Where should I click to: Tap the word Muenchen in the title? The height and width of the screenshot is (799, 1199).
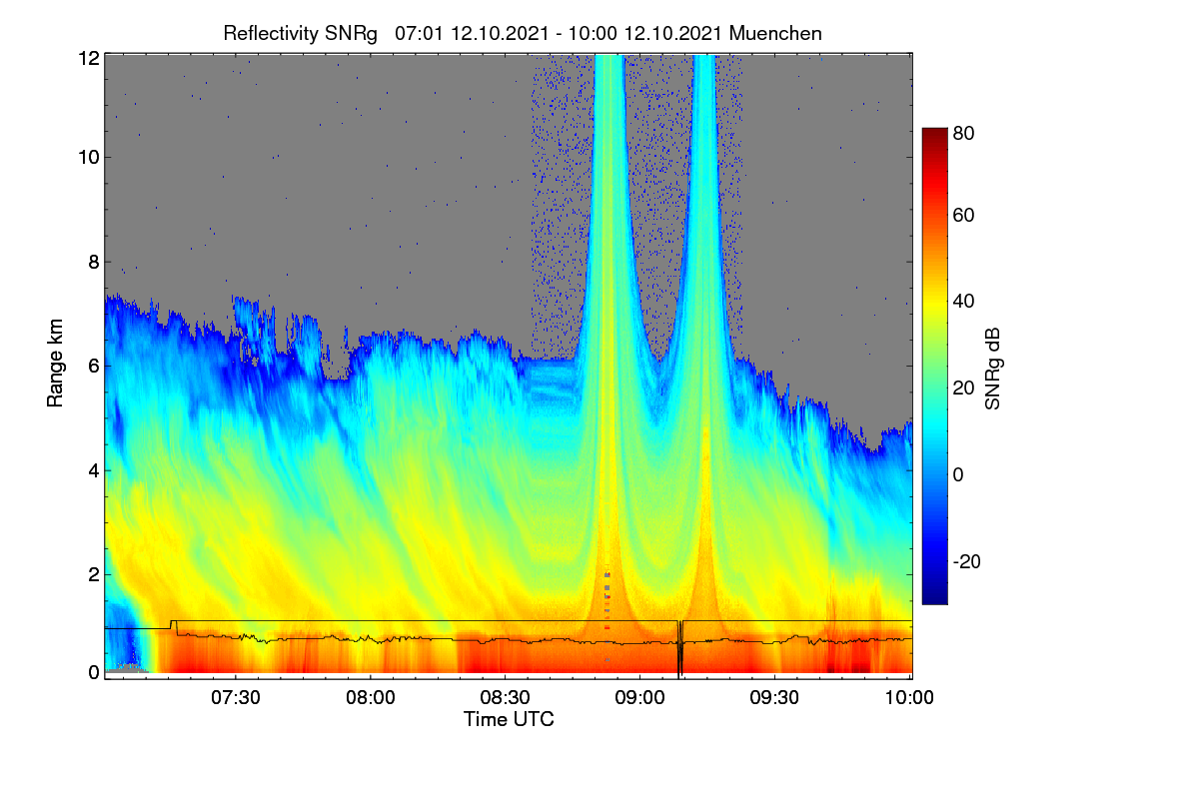tap(775, 34)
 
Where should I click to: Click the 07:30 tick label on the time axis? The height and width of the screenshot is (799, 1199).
tap(236, 697)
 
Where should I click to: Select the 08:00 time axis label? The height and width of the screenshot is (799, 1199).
tap(371, 697)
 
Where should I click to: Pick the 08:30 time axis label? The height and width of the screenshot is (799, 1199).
tap(505, 697)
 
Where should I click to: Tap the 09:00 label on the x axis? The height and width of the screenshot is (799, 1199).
tap(639, 697)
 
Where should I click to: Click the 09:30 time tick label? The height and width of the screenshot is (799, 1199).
tap(774, 697)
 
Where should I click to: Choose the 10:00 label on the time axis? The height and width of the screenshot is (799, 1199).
tap(909, 697)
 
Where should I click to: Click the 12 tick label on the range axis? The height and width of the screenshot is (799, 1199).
tap(89, 58)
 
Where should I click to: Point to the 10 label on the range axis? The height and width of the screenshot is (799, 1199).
tap(89, 158)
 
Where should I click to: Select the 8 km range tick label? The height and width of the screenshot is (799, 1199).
tap(94, 262)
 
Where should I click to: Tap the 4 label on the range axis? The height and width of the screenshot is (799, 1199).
tap(94, 471)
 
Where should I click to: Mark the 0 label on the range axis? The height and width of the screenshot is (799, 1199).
tap(94, 672)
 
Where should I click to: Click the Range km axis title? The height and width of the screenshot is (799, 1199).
tap(55, 363)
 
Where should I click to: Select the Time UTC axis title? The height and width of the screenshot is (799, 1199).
tap(509, 719)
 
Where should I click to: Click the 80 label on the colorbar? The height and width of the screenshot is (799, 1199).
tap(963, 133)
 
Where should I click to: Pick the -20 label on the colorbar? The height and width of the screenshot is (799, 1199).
tap(967, 561)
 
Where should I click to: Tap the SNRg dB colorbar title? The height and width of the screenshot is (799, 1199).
tap(992, 369)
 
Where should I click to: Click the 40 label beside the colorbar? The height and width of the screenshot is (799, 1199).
tap(963, 302)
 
